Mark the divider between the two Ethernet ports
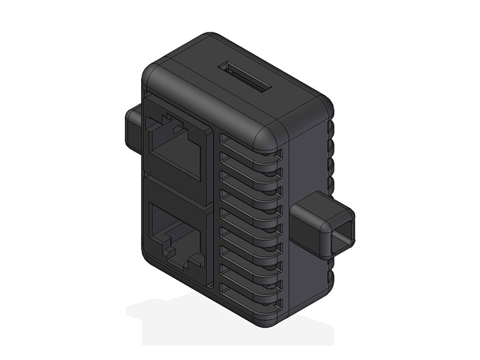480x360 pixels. (x=178, y=191)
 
